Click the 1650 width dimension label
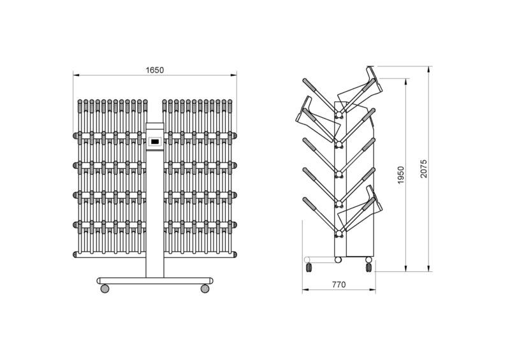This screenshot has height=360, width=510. click(x=155, y=70)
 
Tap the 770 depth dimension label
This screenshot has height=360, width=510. click(x=339, y=285)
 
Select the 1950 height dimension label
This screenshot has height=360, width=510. click(x=401, y=175)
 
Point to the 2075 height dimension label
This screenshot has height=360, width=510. click(x=423, y=168)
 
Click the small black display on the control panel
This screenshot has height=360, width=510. click(x=155, y=141)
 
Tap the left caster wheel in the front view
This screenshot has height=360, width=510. click(x=105, y=289)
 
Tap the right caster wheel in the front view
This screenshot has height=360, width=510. click(x=205, y=289)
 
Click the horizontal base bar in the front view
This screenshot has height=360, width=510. click(x=155, y=281)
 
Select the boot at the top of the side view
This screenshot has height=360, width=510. click(x=360, y=86)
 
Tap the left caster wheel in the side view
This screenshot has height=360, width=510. click(x=309, y=268)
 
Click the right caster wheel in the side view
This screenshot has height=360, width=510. click(x=368, y=268)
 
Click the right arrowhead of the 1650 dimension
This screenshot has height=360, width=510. click(x=233, y=75)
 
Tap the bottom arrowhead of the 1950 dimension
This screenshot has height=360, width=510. click(x=406, y=268)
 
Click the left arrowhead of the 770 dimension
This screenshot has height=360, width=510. click(x=305, y=289)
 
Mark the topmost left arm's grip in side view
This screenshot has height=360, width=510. click(x=309, y=85)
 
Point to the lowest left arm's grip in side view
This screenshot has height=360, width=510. click(x=309, y=204)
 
